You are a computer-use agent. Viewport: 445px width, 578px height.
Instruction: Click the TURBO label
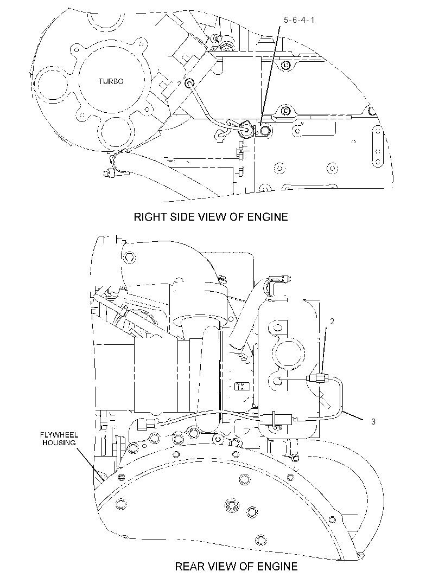pyautogui.click(x=111, y=81)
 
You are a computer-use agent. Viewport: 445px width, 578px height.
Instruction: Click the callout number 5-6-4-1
pyautogui.click(x=299, y=20)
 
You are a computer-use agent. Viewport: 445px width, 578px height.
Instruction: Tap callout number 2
pyautogui.click(x=332, y=322)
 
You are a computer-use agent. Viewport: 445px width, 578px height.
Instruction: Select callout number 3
pyautogui.click(x=373, y=421)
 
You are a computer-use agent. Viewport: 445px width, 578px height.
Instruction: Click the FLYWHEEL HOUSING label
pyautogui.click(x=59, y=439)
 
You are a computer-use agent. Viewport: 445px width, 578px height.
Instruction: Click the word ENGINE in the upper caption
pyautogui.click(x=268, y=217)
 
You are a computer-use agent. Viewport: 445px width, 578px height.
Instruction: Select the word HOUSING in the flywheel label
pyautogui.click(x=59, y=442)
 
